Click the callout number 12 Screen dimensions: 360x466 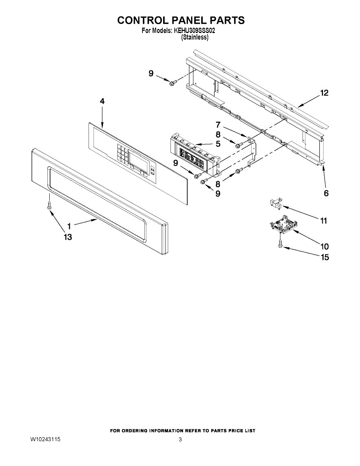tap(324, 93)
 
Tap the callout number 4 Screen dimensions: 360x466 tap(102, 101)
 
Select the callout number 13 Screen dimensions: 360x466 tap(68, 237)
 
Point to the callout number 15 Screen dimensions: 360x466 tap(324, 257)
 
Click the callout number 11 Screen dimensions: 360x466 tap(323, 221)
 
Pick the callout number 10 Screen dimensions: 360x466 tap(324, 246)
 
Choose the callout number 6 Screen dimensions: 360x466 tap(326, 193)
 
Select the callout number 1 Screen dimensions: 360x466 tap(69, 226)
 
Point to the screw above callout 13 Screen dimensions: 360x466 tap(49, 205)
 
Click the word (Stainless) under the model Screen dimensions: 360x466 tap(195, 37)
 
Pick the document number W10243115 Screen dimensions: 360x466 tap(45, 440)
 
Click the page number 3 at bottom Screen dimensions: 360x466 tap(180, 440)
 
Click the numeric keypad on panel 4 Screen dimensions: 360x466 tap(121, 154)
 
